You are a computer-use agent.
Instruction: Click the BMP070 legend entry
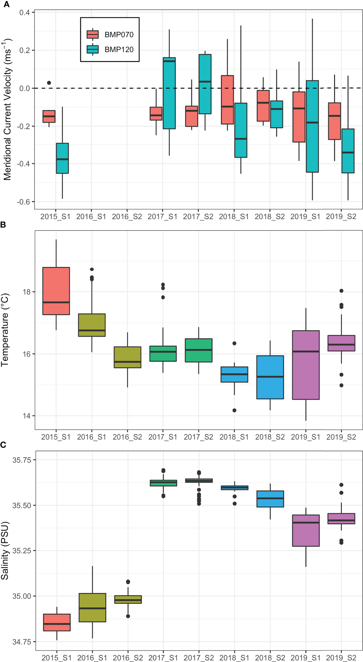tap(111, 35)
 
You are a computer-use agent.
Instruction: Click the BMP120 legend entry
tap(111, 50)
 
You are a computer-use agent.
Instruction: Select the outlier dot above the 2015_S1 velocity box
tap(49, 83)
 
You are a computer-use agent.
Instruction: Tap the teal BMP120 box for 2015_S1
tap(62, 158)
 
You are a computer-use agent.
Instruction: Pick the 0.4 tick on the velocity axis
tap(25, 13)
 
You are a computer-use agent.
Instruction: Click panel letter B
tap(3, 225)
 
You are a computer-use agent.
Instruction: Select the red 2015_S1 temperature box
tap(56, 291)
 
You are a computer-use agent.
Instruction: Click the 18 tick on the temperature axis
tap(27, 292)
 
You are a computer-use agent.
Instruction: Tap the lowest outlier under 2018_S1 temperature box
tap(234, 410)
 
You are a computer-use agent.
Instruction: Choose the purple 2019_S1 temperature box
tap(306, 365)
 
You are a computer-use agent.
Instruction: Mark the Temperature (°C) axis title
tap(5, 330)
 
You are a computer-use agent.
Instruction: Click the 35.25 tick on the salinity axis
tap(22, 551)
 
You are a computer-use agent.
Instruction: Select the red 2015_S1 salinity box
tap(57, 623)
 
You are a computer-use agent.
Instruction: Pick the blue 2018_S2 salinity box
tap(270, 499)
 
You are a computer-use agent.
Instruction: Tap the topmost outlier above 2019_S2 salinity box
tap(341, 485)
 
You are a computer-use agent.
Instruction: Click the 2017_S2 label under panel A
tap(198, 217)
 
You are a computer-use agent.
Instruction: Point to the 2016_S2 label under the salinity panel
tap(128, 658)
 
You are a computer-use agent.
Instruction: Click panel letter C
tap(3, 445)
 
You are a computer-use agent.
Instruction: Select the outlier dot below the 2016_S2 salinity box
tap(128, 616)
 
